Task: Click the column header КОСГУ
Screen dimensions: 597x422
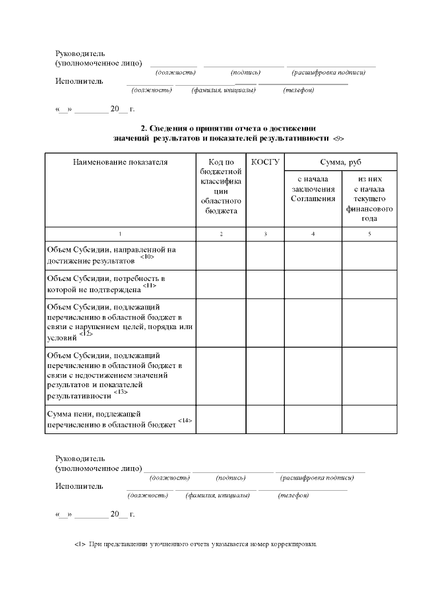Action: coord(265,162)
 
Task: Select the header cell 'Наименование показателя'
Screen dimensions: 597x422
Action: coord(120,162)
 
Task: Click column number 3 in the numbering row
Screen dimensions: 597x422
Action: coord(265,234)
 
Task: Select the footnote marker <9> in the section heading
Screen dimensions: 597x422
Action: coord(338,139)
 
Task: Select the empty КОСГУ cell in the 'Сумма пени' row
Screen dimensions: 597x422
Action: coord(265,419)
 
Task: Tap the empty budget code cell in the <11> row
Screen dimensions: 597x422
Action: coord(221,284)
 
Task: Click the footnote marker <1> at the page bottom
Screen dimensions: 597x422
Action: coord(79,545)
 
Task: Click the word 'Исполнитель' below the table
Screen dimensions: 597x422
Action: coord(79,486)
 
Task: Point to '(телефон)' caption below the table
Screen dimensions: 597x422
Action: coord(293,495)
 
